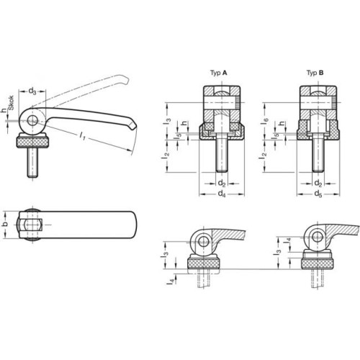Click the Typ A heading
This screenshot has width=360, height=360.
(x=218, y=73)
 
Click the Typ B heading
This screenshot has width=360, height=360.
(x=315, y=73)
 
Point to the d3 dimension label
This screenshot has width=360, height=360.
(x=32, y=91)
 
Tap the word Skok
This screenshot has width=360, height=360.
(x=12, y=103)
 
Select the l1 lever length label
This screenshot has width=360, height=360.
(x=82, y=136)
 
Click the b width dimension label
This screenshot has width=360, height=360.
(x=6, y=224)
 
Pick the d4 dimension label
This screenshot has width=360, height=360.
(x=222, y=194)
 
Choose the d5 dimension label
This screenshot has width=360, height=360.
(x=318, y=194)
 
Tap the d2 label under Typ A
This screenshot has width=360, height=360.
(x=222, y=184)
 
